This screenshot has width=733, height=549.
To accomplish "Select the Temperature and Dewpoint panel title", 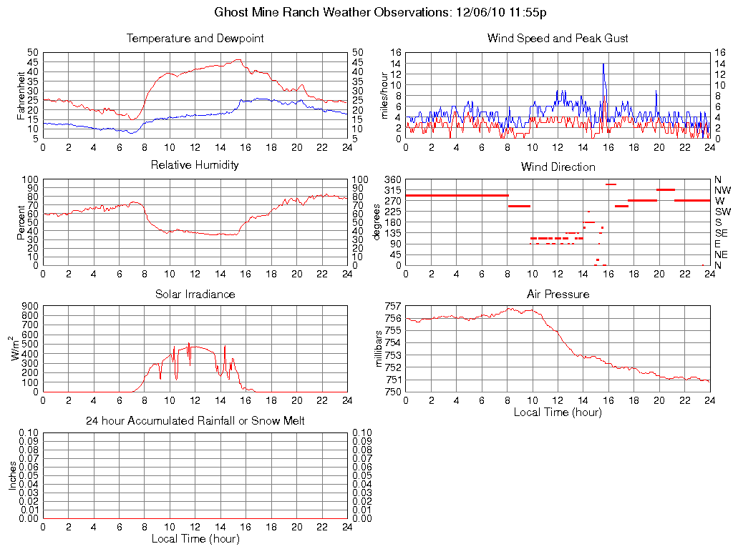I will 195,39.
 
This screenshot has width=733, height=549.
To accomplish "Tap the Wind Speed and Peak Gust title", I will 558,39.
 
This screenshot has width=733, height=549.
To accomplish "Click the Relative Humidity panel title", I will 195,165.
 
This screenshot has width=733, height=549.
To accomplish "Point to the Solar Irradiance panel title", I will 195,294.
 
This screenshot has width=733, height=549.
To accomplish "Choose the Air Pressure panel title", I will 558,294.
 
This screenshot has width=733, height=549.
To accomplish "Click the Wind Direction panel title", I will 558,167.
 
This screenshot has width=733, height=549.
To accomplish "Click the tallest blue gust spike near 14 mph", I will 603,64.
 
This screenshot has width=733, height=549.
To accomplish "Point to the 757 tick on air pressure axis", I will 393,306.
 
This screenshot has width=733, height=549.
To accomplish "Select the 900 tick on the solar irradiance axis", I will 29,306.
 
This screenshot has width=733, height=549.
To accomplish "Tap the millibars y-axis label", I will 380,350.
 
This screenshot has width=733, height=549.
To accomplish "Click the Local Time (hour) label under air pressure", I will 558,412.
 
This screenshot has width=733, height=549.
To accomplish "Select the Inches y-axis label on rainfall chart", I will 13,475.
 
